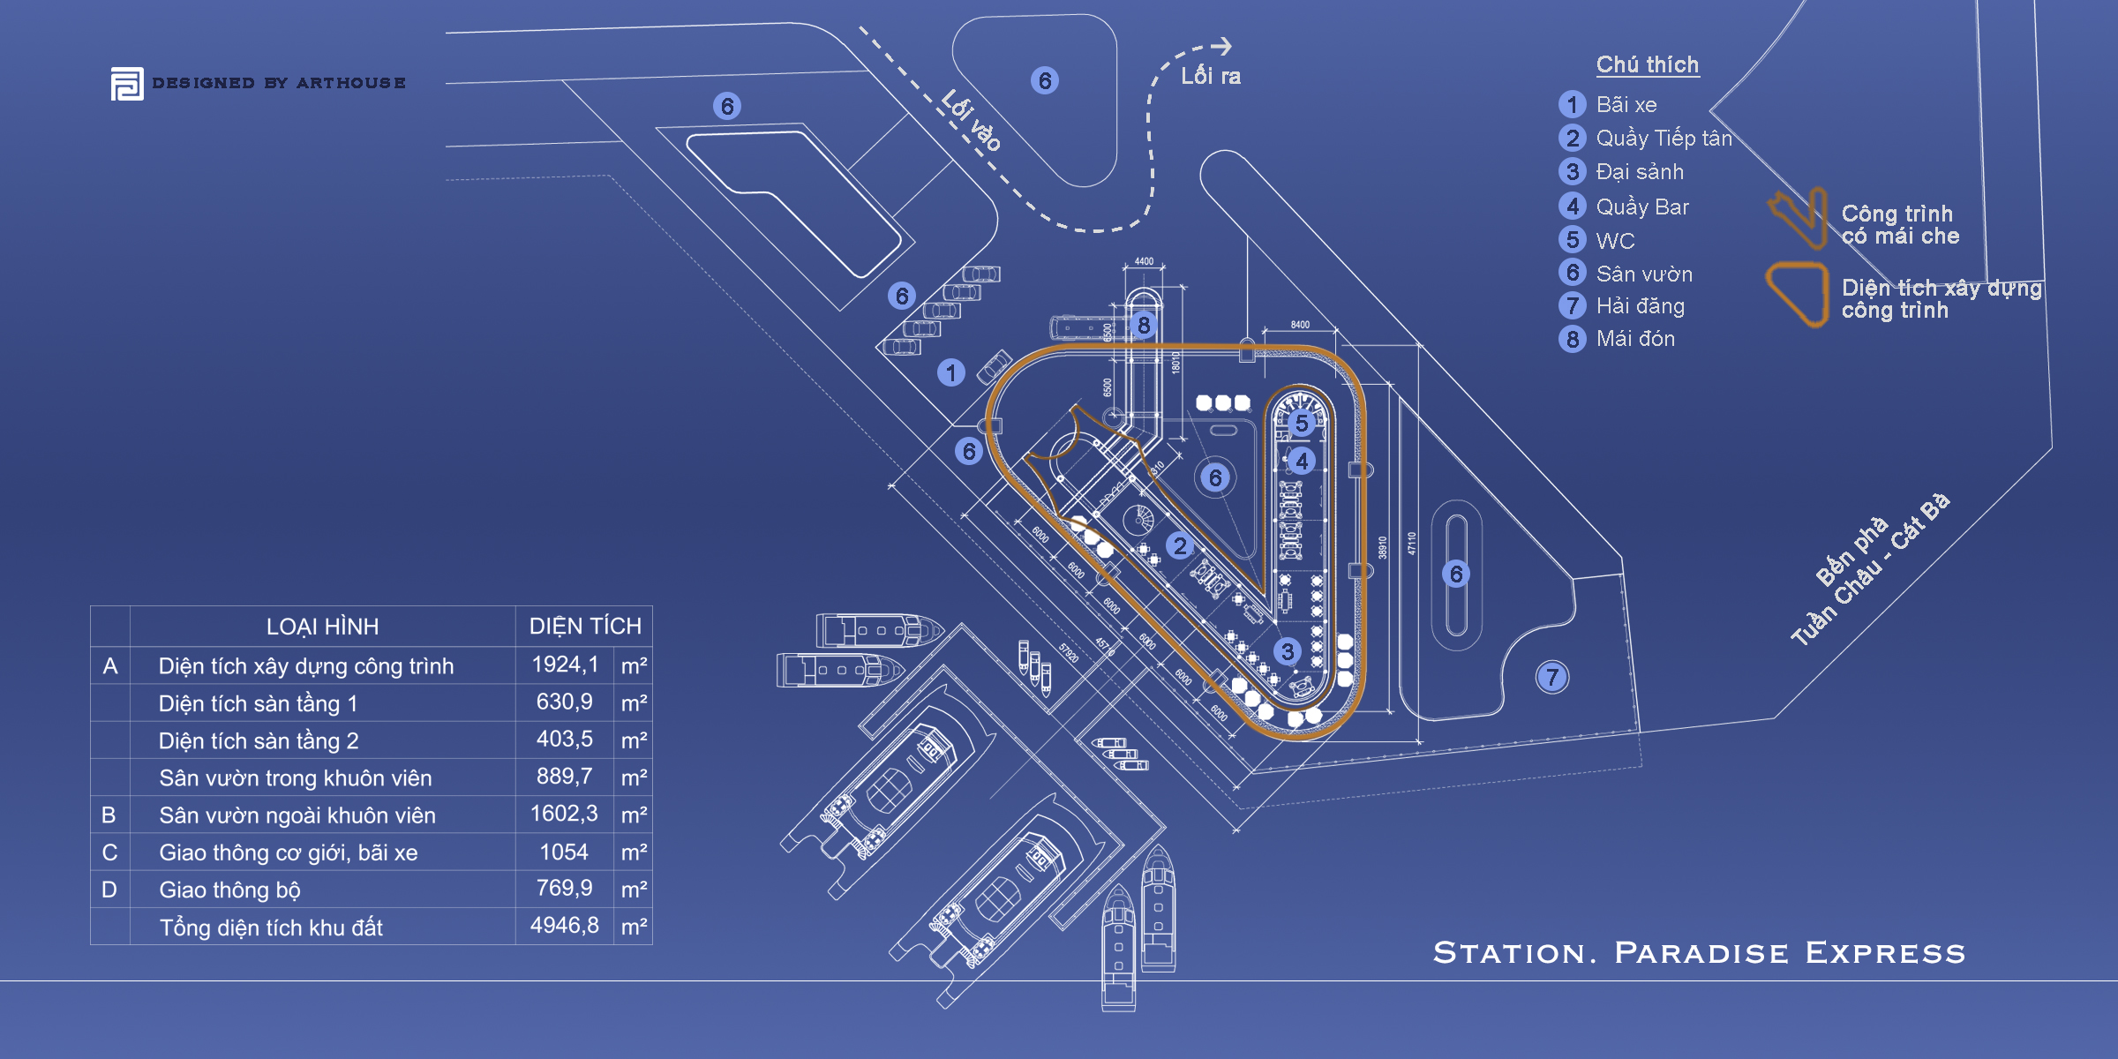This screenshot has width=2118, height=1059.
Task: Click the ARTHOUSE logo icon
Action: click(x=127, y=84)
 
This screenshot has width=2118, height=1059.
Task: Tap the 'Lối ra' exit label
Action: click(x=1211, y=77)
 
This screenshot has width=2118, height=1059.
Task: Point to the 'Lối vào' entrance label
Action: click(x=972, y=121)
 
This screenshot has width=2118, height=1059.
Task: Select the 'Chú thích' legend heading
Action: click(x=1647, y=64)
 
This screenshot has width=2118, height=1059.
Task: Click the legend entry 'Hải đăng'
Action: click(x=1640, y=306)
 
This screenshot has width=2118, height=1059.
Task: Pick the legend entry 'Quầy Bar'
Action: click(x=1641, y=207)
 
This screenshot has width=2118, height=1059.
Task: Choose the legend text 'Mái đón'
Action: click(x=1635, y=339)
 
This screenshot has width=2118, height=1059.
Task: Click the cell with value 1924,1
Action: click(x=565, y=665)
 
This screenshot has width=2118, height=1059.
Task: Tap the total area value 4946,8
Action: click(x=565, y=926)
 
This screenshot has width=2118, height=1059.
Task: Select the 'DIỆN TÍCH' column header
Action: click(x=585, y=627)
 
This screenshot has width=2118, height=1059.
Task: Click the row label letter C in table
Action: click(x=109, y=852)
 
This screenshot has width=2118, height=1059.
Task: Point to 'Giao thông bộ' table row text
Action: click(x=229, y=890)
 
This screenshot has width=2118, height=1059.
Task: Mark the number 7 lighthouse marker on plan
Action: click(x=1552, y=677)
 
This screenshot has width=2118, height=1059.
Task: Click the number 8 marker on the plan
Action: click(x=1144, y=325)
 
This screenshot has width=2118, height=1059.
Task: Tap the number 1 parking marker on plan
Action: click(x=951, y=372)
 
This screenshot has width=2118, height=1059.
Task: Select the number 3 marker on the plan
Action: click(x=1288, y=651)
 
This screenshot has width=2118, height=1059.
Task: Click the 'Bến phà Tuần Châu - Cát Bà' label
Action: click(x=1871, y=569)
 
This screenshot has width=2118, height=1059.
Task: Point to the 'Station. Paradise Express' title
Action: click(x=1699, y=953)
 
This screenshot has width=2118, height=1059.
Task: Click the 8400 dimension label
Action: click(x=1300, y=325)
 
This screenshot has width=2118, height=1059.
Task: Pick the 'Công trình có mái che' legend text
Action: click(x=1899, y=225)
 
